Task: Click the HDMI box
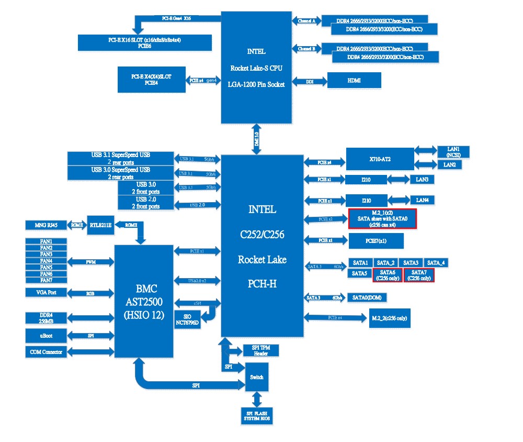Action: (x=354, y=81)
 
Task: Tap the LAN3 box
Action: (x=422, y=180)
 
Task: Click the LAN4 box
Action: (x=422, y=200)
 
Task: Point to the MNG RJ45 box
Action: (x=45, y=225)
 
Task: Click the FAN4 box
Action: (x=47, y=261)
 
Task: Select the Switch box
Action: (x=257, y=377)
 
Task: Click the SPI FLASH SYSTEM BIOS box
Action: (x=256, y=416)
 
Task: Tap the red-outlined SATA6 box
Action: (x=388, y=275)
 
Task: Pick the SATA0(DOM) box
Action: (x=368, y=297)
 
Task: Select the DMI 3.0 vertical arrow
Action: (x=256, y=139)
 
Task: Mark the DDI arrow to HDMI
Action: (x=309, y=81)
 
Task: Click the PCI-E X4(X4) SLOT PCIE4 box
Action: (x=152, y=80)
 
